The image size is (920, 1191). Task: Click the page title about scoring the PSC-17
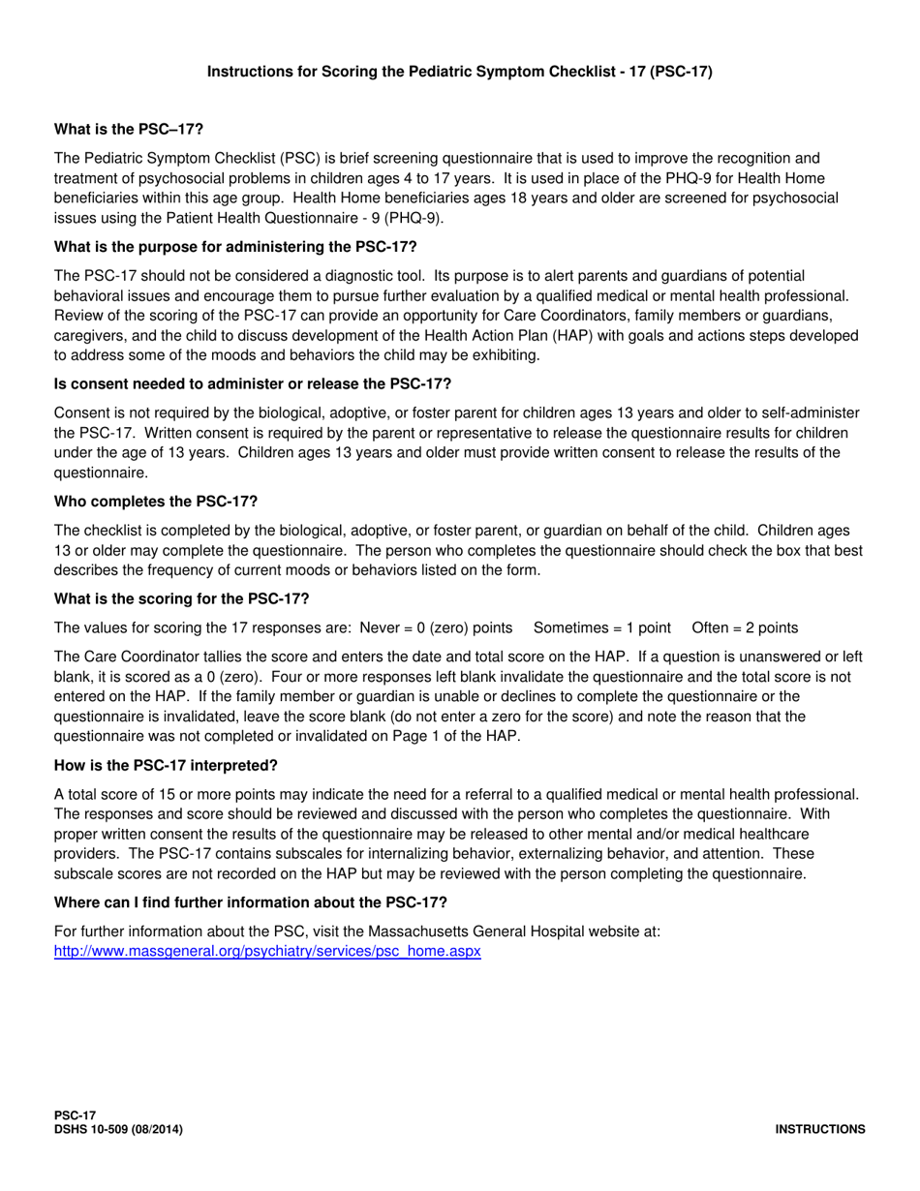tap(460, 71)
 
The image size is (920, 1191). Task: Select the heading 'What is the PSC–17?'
tap(129, 129)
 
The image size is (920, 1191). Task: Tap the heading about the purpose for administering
tap(235, 246)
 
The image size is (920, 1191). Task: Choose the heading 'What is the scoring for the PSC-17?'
tap(181, 597)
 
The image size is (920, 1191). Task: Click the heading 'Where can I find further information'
tap(251, 902)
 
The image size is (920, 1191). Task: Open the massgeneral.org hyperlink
tap(267, 951)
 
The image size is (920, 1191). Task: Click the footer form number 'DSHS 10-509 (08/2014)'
tap(118, 1129)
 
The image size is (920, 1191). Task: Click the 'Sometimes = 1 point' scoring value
tap(602, 627)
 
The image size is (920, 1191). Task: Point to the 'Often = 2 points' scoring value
tap(746, 627)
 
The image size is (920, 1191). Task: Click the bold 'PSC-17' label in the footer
tap(75, 1116)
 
